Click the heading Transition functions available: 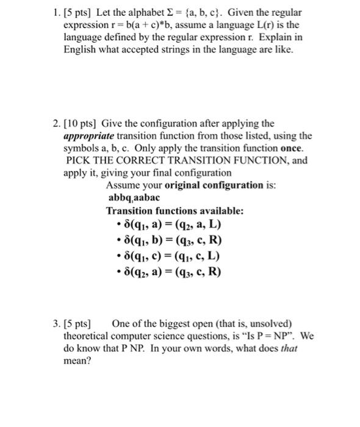pos(175,211)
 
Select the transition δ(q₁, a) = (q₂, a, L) pos(171,225)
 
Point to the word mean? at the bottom pos(77,361)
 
